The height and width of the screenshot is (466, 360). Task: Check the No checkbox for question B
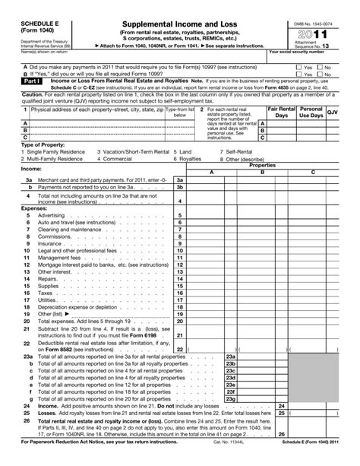(x=319, y=73)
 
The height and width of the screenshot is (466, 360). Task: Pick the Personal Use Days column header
(x=311, y=113)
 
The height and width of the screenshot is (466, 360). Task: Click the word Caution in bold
(x=12, y=97)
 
